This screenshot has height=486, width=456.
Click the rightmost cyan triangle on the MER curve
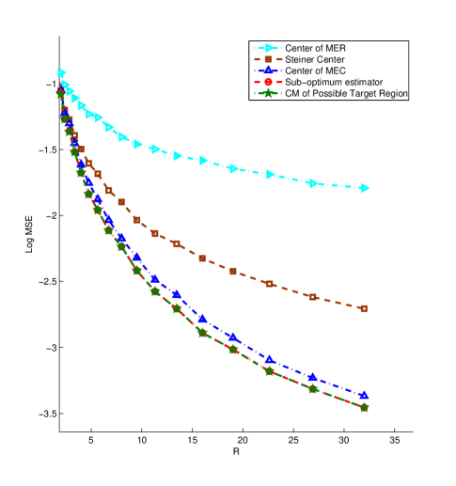(365, 188)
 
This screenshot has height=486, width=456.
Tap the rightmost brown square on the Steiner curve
(364, 308)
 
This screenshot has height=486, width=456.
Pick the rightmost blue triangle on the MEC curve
(364, 396)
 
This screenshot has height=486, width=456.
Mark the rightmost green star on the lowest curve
(364, 407)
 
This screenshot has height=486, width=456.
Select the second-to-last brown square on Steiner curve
(313, 297)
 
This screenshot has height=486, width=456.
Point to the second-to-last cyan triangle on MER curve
(313, 181)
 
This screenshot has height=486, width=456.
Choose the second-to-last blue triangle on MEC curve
(313, 377)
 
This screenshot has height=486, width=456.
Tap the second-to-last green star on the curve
(313, 388)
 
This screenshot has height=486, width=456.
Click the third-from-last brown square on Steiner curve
(270, 284)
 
